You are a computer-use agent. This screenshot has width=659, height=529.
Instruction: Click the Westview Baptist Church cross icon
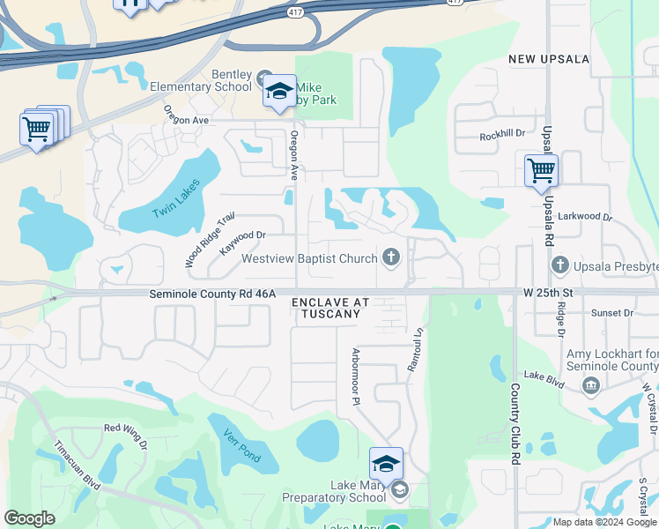coord(391,258)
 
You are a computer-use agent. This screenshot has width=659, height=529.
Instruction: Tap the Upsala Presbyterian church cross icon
coord(559,264)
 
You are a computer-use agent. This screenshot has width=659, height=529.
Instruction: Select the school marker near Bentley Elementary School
coord(279,92)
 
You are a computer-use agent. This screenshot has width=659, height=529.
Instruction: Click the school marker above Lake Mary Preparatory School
coord(386,464)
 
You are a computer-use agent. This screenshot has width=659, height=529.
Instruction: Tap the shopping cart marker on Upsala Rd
coord(541,171)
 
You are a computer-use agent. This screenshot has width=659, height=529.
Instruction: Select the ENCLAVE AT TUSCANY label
coord(330,308)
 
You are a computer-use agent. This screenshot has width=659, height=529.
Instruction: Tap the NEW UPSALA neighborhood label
coord(548,58)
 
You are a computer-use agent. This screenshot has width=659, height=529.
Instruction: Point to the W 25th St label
coord(548,292)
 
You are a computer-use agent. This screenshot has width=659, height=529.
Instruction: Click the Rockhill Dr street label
coord(502,135)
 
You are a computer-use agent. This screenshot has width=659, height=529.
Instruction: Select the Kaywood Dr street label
coord(242,241)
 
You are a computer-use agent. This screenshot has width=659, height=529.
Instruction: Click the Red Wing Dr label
coord(125,429)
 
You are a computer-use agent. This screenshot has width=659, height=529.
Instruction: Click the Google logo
coord(29,518)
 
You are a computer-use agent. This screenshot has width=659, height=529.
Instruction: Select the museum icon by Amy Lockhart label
coord(591,384)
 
